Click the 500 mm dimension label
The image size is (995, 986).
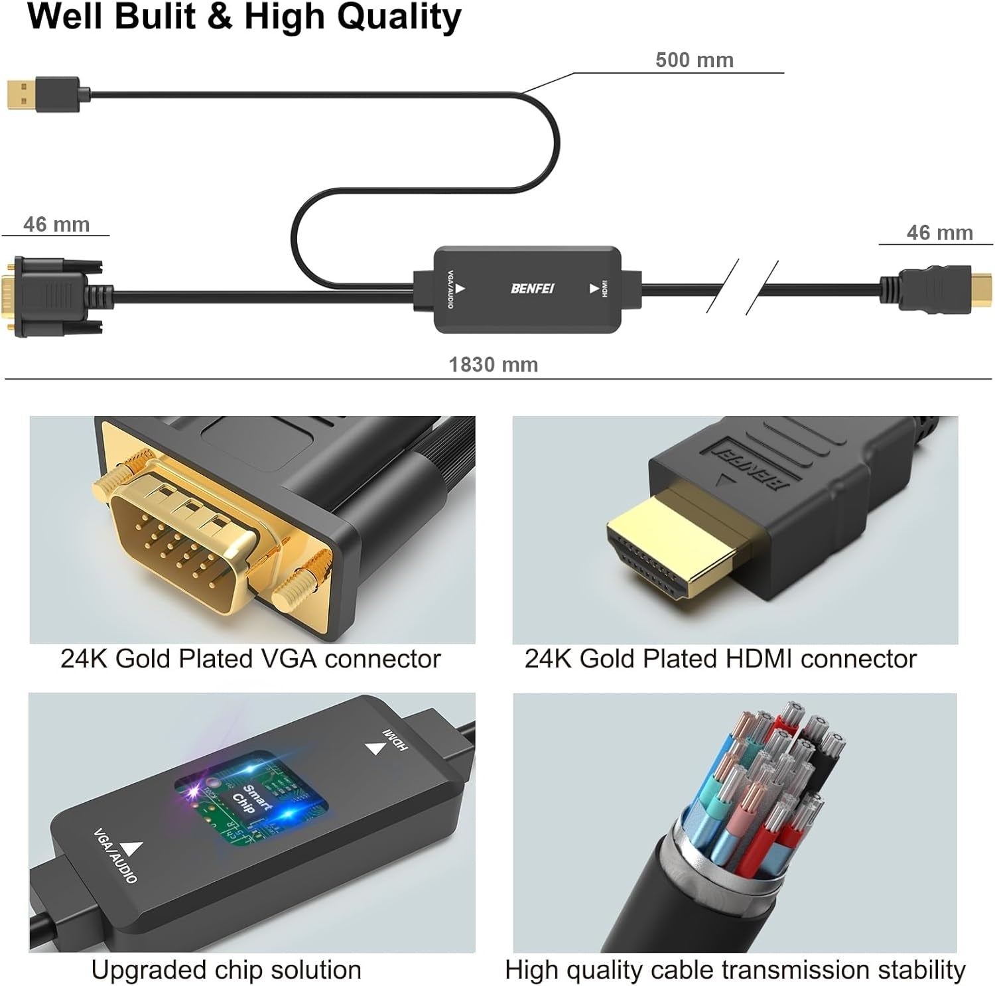pyautogui.click(x=694, y=60)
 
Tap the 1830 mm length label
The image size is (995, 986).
pyautogui.click(x=493, y=364)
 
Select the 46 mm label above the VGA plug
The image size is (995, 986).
pyautogui.click(x=56, y=224)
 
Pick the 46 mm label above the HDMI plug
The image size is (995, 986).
pyautogui.click(x=939, y=233)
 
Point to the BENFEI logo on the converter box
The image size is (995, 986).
pyautogui.click(x=532, y=289)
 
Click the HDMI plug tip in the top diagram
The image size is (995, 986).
pyautogui.click(x=981, y=290)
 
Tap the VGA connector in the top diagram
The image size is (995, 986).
pyautogui.click(x=53, y=295)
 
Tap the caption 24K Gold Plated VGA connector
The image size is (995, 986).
pyautogui.click(x=250, y=659)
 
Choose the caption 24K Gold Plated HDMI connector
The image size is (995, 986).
pyautogui.click(x=720, y=659)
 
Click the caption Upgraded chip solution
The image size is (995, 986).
pyautogui.click(x=226, y=970)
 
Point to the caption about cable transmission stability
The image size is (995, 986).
pyautogui.click(x=735, y=970)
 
